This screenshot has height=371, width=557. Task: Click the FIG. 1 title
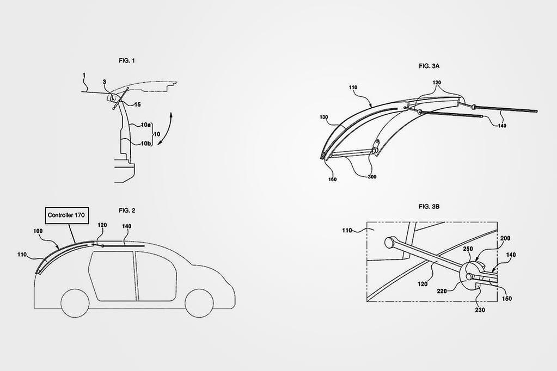[x=127, y=61]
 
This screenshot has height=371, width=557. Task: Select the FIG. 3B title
[x=429, y=207]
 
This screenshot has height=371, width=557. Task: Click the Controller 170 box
[x=68, y=214]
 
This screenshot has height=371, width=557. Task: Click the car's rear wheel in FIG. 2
[x=75, y=303]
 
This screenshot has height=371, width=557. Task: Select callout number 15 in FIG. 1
[x=137, y=104]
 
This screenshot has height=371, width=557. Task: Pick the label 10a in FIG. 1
[x=145, y=125]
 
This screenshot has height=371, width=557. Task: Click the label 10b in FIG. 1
[x=145, y=143]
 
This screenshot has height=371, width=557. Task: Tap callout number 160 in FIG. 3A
[x=332, y=180]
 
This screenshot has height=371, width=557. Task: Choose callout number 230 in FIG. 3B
[x=479, y=310]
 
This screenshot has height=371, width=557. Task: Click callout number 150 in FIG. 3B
[x=506, y=298]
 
